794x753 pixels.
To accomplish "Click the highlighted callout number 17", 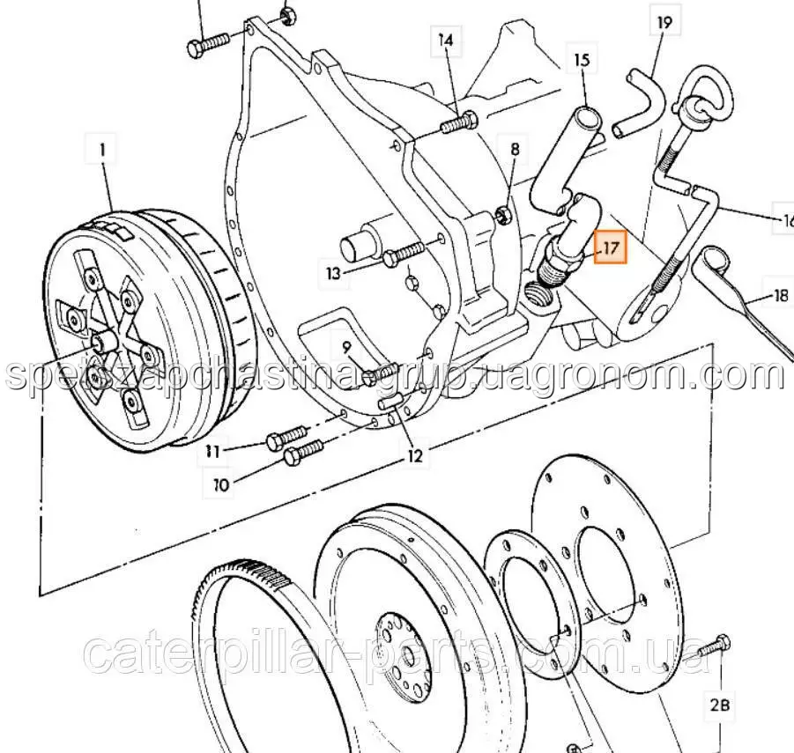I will tap(611, 247).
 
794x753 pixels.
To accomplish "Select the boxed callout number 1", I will tap(102, 151).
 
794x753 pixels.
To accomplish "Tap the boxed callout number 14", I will tap(445, 40).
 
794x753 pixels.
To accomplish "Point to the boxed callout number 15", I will tap(582, 60).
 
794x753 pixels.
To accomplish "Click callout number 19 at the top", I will tap(664, 21).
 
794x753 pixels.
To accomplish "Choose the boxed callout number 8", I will tap(515, 149).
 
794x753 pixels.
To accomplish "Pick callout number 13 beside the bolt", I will tap(332, 274).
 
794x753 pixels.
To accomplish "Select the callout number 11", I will tap(211, 451).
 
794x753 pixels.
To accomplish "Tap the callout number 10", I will tap(219, 484).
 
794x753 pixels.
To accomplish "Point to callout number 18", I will tap(780, 296).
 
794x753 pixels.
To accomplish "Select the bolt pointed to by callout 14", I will tap(458, 123).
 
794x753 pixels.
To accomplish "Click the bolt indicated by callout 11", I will tap(286, 437).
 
